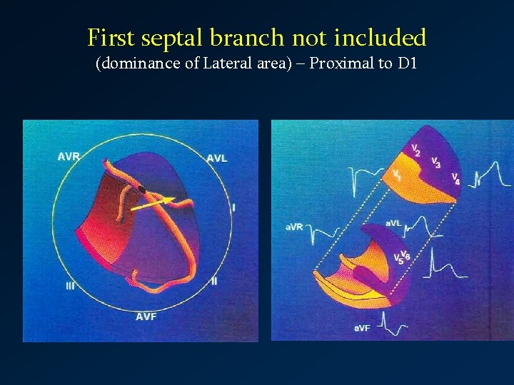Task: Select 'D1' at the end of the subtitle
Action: [407, 64]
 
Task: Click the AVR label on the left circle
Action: [69, 157]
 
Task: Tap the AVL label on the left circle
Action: [217, 158]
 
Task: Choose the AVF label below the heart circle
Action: [146, 316]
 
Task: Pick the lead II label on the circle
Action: [214, 281]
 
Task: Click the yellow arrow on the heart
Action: [153, 204]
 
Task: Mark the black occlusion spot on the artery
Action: [142, 189]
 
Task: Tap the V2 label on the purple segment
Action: [415, 150]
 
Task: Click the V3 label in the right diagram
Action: [435, 163]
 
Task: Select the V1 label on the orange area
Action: [395, 175]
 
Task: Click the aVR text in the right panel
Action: [294, 227]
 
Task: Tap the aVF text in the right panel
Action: [363, 327]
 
